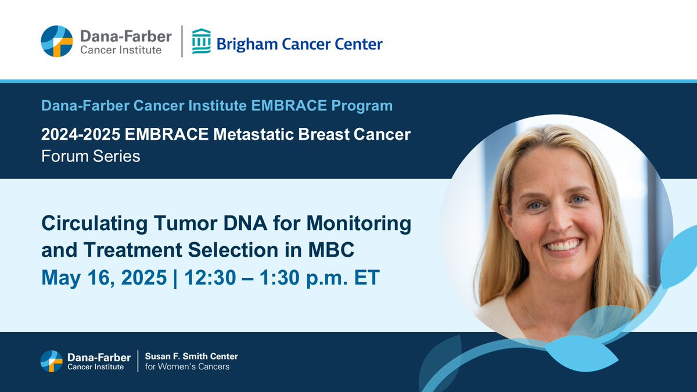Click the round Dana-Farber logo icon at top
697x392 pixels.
pos(57,41)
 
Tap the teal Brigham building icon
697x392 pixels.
pos(202,41)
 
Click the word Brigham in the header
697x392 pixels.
pos(247,44)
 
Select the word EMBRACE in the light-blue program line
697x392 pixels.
pos(289,106)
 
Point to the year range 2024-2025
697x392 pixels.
pos(81,134)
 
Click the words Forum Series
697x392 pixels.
pos(91,156)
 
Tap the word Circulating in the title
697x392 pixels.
pos(95,224)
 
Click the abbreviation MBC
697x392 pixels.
pos(331,250)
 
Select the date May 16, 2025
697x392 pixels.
pos(104,278)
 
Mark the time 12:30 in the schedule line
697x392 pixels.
pos(210,277)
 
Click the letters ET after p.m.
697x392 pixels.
pos(367,277)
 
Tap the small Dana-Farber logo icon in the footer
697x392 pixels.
pos(52,361)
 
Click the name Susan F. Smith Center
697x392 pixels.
pos(191,356)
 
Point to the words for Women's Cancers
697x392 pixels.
pos(187,366)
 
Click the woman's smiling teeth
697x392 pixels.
pos(563,246)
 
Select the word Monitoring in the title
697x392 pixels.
pos(359,224)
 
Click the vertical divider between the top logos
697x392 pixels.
pos(182,41)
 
